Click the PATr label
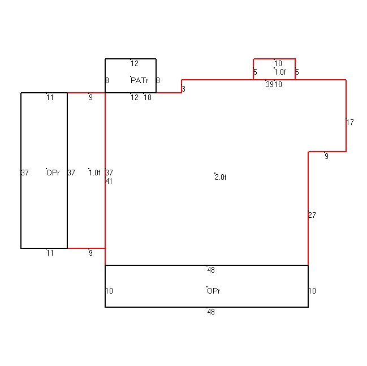[140, 80]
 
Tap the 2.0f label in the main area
[221, 177]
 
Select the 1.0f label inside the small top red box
[280, 72]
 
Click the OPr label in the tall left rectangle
[53, 173]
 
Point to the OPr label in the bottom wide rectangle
[213, 291]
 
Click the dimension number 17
[350, 122]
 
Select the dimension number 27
[312, 215]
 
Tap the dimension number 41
[109, 181]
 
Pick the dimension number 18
[148, 97]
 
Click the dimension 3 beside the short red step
[183, 89]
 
